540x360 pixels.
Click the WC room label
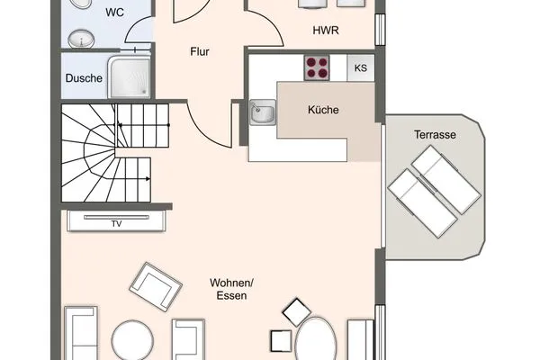click(x=115, y=13)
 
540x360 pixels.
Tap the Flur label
click(x=200, y=52)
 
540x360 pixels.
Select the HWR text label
click(x=326, y=31)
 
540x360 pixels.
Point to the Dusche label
click(x=83, y=78)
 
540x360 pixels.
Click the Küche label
click(x=323, y=110)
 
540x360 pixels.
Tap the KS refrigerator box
click(x=360, y=67)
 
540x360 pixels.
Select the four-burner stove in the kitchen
click(x=317, y=67)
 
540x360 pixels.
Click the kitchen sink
click(x=263, y=113)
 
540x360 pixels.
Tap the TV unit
click(x=115, y=221)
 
